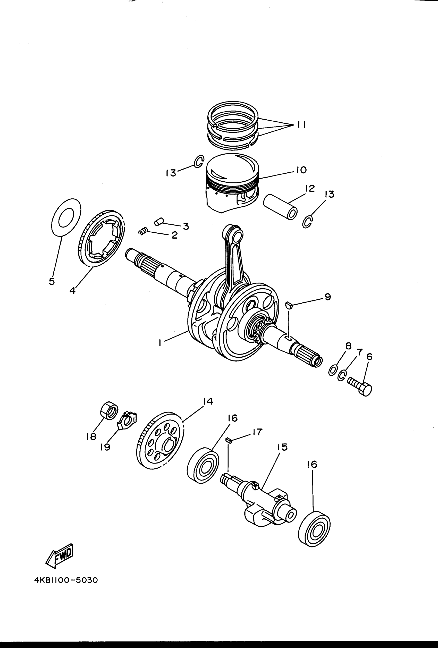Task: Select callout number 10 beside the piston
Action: pos(301,170)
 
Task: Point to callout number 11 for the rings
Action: pos(301,124)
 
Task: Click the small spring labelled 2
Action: pos(143,231)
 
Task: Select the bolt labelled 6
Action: pos(360,386)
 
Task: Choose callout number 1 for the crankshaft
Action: pos(160,343)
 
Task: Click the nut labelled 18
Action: pos(109,410)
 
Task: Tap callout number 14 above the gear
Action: pos(208,401)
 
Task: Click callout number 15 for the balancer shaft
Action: pos(282,447)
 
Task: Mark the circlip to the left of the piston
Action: pos(199,162)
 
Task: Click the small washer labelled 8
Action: pos(333,371)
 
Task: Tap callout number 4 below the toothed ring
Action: pos(72,291)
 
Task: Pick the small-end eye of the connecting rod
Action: pos(237,235)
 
